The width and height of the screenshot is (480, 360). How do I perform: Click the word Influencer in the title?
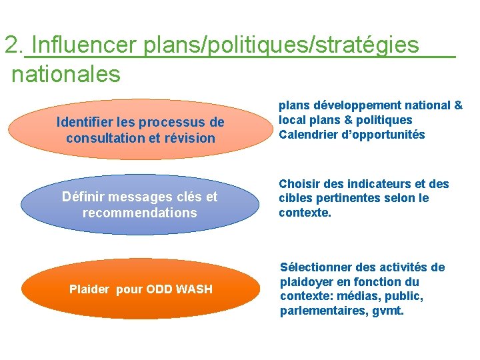coord(84,45)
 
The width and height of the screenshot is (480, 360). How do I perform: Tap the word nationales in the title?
coord(66,73)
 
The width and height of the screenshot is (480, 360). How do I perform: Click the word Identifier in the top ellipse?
coord(83,123)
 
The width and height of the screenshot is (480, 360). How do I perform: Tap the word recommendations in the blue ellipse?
coord(140,213)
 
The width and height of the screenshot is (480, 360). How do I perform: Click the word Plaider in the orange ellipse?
coord(90,289)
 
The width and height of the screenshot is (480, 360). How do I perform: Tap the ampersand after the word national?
coord(458,105)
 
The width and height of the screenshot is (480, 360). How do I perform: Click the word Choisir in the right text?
coord(299,183)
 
